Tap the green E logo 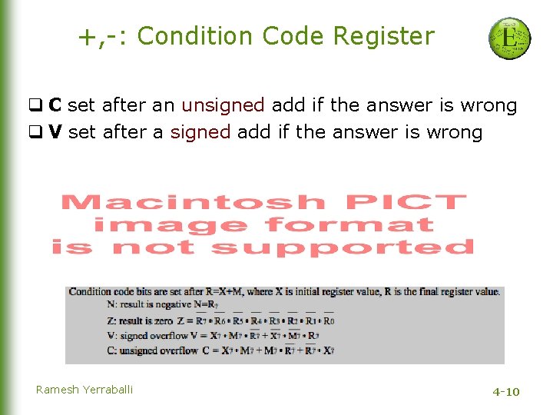pos(509,38)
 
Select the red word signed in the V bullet pos(200,132)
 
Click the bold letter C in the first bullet pos(55,105)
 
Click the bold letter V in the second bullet pos(55,132)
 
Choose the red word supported pos(343,247)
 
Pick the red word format pos(349,225)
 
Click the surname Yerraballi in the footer pos(108,390)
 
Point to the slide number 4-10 pos(506,392)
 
